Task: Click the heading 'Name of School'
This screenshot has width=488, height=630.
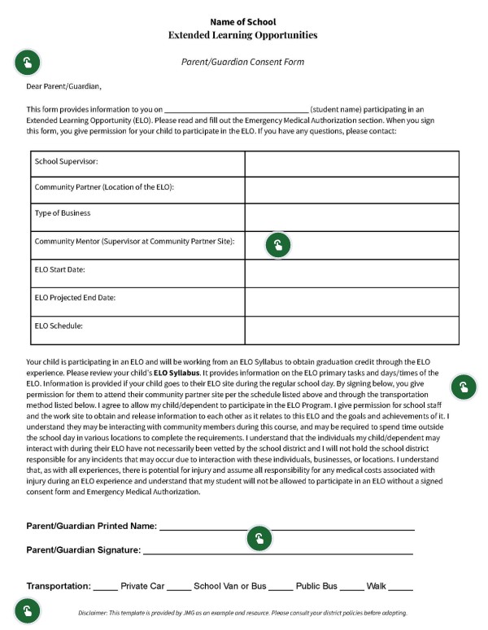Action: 242,21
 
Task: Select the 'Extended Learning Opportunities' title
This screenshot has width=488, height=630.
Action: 242,35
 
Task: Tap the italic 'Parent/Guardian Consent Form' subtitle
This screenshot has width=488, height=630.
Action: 242,62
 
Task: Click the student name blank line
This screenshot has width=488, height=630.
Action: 237,109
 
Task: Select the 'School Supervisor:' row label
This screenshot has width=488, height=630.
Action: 66,161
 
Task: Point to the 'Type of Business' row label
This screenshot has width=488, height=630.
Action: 63,213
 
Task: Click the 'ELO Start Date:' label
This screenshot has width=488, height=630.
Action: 60,269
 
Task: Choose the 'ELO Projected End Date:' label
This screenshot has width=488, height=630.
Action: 75,297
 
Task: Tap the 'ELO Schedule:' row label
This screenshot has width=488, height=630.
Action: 59,326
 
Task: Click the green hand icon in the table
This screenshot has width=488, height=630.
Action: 278,245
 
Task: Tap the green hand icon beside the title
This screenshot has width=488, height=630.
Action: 28,62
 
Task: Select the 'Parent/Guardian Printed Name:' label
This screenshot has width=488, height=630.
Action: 92,526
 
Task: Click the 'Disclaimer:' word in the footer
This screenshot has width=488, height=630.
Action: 96,613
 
